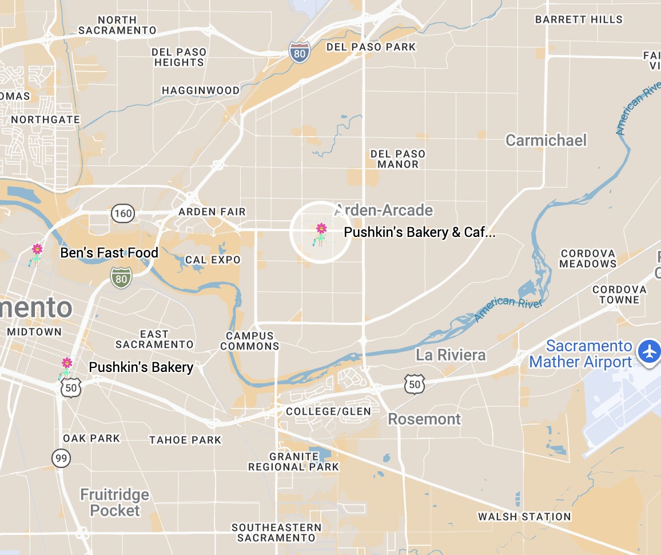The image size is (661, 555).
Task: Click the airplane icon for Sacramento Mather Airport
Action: pos(650,350)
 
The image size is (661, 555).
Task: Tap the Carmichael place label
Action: pos(546,140)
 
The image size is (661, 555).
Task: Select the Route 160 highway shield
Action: pos(123,214)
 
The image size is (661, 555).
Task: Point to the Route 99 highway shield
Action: pos(61,458)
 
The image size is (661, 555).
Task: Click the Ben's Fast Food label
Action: pos(109,253)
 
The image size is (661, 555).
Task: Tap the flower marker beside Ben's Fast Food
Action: pos(37,249)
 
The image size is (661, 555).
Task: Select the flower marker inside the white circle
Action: pos(321,229)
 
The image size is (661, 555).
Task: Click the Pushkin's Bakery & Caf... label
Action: pos(419,232)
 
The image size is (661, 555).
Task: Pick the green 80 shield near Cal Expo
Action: pos(121,279)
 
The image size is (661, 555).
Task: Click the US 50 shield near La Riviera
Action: pos(414,384)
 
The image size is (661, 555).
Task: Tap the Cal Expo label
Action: pos(213,260)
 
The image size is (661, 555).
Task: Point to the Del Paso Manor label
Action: pos(398,159)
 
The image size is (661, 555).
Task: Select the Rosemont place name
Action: pos(424,419)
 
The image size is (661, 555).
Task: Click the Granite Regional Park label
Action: pos(293,462)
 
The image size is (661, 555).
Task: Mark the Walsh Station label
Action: pos(524,517)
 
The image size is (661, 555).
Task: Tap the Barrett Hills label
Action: pos(579,19)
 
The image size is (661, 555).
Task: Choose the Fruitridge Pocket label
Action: pos(115,502)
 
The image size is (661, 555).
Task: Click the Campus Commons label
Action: pos(250,341)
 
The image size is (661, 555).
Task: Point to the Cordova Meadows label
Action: pos(588,259)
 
